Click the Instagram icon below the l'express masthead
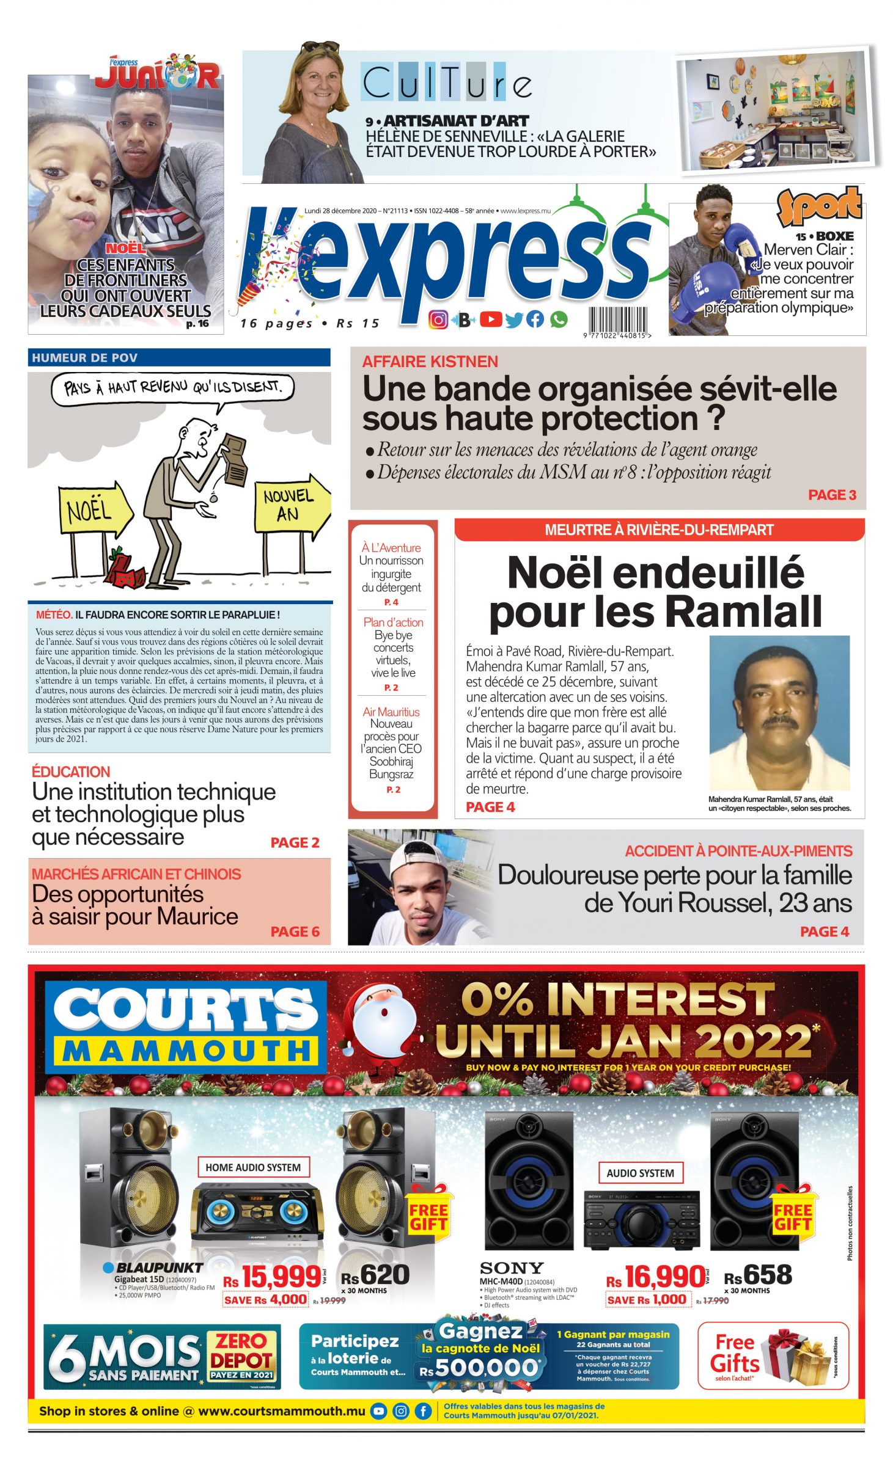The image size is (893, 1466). pyautogui.click(x=438, y=319)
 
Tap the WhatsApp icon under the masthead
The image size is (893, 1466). pyautogui.click(x=558, y=319)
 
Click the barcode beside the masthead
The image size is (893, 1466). pyautogui.click(x=617, y=319)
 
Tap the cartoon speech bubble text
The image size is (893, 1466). pyautogui.click(x=172, y=387)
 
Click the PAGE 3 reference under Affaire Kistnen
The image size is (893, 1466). pyautogui.click(x=831, y=495)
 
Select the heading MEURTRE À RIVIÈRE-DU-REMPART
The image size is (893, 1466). pyautogui.click(x=659, y=530)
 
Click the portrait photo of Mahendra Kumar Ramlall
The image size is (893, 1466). pyautogui.click(x=779, y=712)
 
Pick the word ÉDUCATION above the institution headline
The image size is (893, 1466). pyautogui.click(x=71, y=771)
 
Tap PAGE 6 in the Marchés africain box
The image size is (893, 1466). pyautogui.click(x=295, y=932)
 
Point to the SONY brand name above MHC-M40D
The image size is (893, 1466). pyautogui.click(x=512, y=1268)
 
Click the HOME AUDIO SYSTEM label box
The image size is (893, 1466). pyautogui.click(x=253, y=1167)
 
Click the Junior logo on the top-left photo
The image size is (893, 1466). pyautogui.click(x=157, y=72)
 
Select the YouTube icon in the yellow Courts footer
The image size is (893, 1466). pyautogui.click(x=379, y=1411)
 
